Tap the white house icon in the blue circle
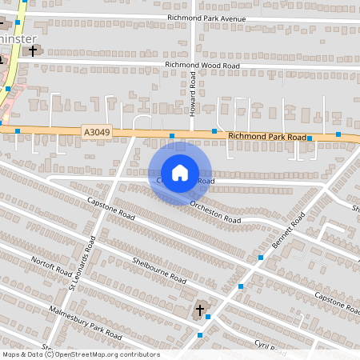180,173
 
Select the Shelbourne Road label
160,270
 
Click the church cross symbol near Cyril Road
201,309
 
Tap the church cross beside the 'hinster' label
33,50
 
